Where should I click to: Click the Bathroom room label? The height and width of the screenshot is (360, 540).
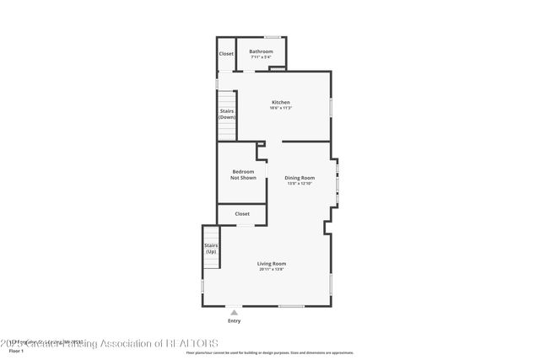click(261, 51)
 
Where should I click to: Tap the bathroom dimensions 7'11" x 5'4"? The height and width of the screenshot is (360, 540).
click(261, 57)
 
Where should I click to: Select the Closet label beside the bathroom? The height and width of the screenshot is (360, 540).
click(226, 54)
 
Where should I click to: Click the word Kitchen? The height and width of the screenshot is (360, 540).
click(280, 102)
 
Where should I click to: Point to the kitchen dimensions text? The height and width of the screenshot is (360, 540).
click(280, 108)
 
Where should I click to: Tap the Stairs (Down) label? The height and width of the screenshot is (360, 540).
click(227, 114)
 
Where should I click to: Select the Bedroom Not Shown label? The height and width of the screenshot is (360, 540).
click(243, 175)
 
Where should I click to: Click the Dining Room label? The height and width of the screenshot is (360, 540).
click(300, 177)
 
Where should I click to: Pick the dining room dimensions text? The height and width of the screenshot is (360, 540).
click(300, 183)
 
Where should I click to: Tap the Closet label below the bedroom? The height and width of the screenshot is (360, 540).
click(242, 214)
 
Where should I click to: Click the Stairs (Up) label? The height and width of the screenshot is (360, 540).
click(211, 248)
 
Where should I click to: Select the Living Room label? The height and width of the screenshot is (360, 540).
click(272, 264)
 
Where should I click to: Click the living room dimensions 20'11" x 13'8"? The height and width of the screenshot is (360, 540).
click(272, 270)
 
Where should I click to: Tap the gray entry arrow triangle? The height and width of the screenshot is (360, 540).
click(234, 312)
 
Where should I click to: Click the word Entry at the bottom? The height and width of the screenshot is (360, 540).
click(234, 321)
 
